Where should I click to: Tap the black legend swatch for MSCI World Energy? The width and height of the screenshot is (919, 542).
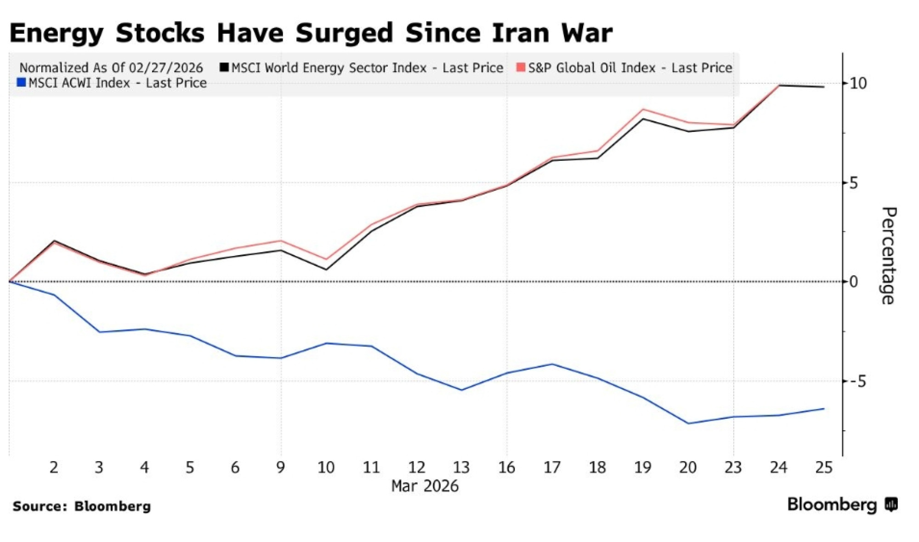point(224,68)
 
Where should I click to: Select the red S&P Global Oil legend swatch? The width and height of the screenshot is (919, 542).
point(521,68)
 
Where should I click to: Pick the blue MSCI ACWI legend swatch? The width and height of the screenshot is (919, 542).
point(21,83)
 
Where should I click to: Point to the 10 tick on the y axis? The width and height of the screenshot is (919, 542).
point(858,83)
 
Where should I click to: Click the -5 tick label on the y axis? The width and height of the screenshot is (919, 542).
point(857,381)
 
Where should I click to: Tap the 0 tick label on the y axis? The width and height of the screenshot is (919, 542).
point(854,282)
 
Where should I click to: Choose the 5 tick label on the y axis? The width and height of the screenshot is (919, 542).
point(853,183)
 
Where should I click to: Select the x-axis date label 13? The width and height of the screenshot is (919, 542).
point(461,468)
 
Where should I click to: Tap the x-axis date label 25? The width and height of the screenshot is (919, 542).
point(823,468)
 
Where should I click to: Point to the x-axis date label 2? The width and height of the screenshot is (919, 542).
point(54,468)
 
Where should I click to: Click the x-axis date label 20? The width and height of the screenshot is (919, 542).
point(688,468)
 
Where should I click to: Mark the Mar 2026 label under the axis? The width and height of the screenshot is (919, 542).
point(425,486)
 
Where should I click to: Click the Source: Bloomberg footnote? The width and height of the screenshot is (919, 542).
point(82,506)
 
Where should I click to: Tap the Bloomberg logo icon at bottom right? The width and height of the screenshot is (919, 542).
point(891,504)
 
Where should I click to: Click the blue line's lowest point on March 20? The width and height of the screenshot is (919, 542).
point(688,423)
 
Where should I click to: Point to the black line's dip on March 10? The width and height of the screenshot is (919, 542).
point(326,269)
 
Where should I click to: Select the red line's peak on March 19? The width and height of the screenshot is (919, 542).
point(643,109)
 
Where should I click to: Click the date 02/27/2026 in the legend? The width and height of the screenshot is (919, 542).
point(166,68)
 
